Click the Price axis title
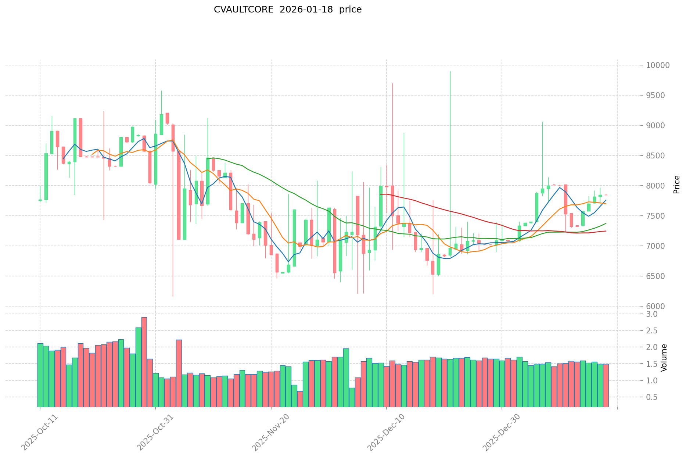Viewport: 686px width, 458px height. click(x=676, y=185)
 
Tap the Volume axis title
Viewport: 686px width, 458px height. click(x=664, y=358)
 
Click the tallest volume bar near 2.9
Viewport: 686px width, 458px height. click(x=144, y=362)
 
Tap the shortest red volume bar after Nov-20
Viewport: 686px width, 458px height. click(x=300, y=399)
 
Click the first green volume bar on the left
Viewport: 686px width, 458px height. click(x=40, y=375)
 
